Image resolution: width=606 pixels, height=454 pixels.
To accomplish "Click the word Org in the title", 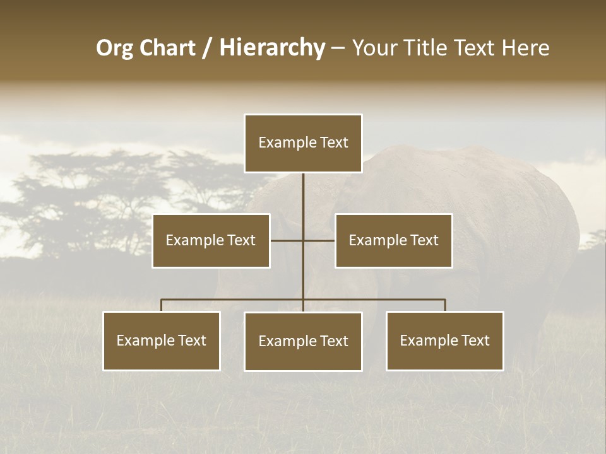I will (x=115, y=48).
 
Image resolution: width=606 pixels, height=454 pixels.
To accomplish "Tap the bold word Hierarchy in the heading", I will (x=272, y=48).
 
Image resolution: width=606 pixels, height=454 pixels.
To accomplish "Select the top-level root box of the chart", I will (x=303, y=143).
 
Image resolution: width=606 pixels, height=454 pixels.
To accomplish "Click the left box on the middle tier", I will (x=211, y=240).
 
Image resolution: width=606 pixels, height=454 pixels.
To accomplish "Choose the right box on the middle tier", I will (x=393, y=240).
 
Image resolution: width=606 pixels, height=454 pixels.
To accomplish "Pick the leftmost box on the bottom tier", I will (x=162, y=340).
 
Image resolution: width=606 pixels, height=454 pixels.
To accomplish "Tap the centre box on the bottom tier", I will (x=303, y=341).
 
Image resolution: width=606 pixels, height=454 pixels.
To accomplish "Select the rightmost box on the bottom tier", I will (x=444, y=340).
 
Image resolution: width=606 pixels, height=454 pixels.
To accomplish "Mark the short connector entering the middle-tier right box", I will (x=319, y=240).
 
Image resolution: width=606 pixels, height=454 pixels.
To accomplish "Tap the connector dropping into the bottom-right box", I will (x=445, y=305).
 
